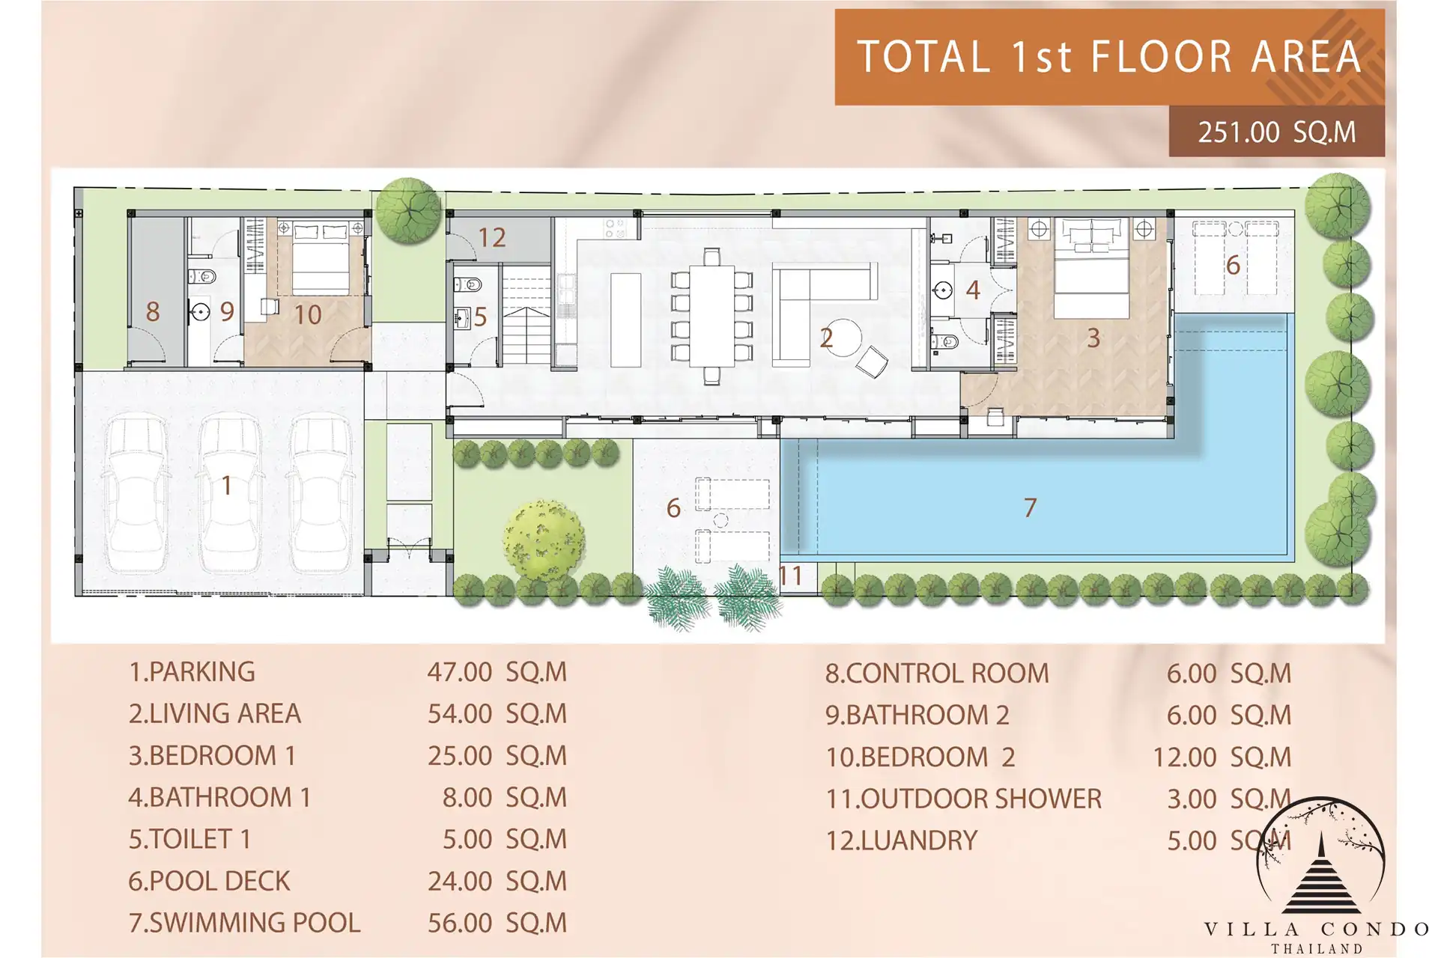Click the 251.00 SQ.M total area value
(x=1276, y=132)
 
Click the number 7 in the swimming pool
(x=1031, y=508)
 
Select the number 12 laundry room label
(x=492, y=238)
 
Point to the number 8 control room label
(x=153, y=311)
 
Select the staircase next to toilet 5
(x=527, y=315)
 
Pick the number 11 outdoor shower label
(x=791, y=576)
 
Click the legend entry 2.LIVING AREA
(x=215, y=714)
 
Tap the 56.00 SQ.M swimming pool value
(x=497, y=923)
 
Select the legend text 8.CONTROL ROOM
(x=937, y=674)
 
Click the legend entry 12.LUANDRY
(x=902, y=840)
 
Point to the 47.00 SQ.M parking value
(x=497, y=672)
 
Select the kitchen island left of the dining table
(x=626, y=320)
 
